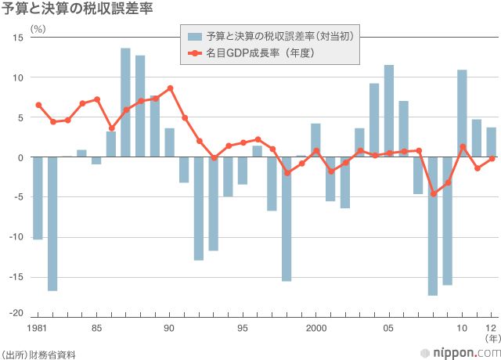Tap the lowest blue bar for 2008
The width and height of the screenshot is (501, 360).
tap(433, 226)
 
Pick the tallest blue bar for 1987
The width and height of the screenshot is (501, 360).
tap(125, 103)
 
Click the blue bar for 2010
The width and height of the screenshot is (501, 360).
tap(462, 113)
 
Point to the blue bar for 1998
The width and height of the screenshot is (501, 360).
tap(287, 219)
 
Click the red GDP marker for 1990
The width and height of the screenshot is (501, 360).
tap(170, 88)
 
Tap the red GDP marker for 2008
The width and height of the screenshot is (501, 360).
tap(433, 193)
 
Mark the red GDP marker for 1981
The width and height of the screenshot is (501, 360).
tap(38, 105)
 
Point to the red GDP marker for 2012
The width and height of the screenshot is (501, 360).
tap(492, 158)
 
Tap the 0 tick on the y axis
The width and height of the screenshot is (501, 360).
tap(20, 157)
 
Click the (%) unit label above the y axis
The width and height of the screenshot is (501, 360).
tap(38, 28)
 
